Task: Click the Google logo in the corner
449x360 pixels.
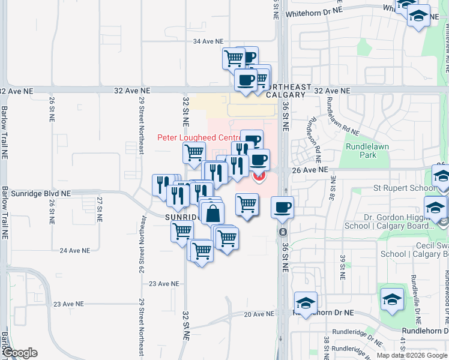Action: (x=20, y=353)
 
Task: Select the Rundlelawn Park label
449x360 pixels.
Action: (x=361, y=151)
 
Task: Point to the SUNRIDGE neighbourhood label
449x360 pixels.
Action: (x=182, y=217)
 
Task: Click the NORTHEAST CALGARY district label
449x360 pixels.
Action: (x=289, y=91)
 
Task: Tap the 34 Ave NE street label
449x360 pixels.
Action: (x=206, y=41)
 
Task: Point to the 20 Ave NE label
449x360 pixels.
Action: (x=259, y=314)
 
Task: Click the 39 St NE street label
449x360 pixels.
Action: (x=343, y=267)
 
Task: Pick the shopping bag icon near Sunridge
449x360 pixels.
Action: (x=212, y=212)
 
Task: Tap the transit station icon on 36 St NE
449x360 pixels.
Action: (x=283, y=231)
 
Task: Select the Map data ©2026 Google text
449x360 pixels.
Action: (x=411, y=355)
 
